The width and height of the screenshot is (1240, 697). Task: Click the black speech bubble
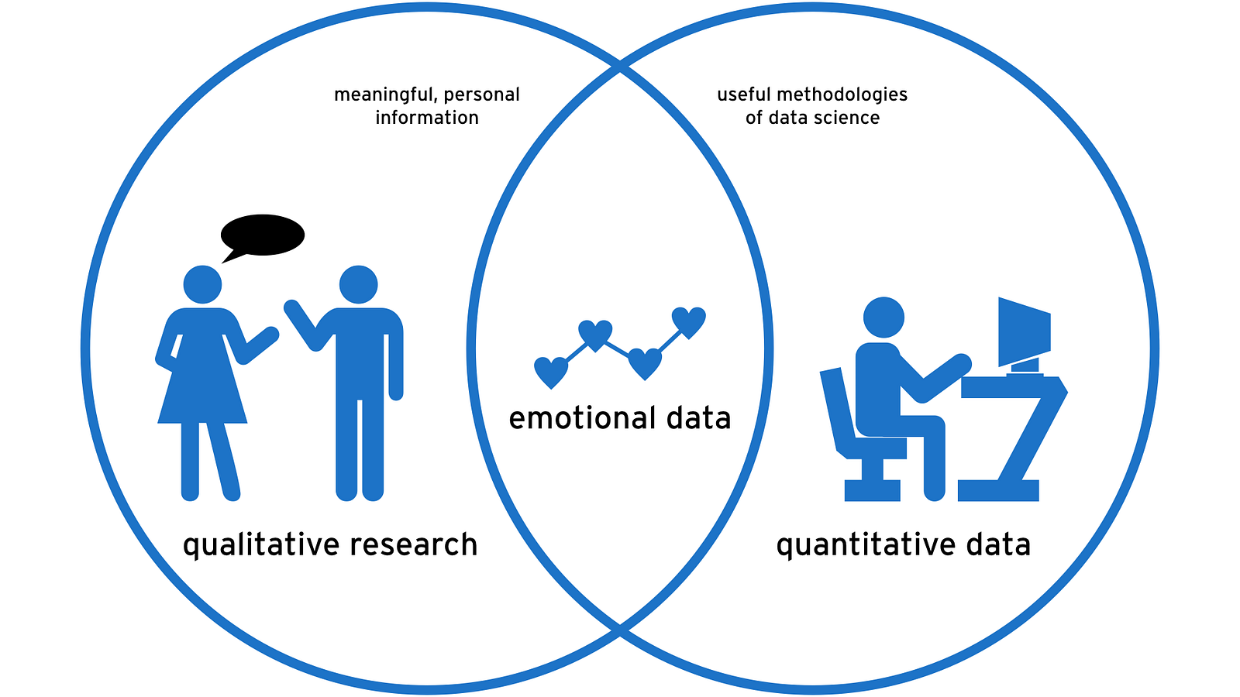pos(263,235)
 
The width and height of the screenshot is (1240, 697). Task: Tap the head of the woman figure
pos(202,285)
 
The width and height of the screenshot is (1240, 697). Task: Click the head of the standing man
pos(358,284)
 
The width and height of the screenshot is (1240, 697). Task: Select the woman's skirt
pos(202,387)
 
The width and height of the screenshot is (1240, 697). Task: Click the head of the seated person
pos(883,318)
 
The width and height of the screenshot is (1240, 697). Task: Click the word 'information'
pos(427,118)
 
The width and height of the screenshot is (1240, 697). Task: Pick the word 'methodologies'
pos(842,94)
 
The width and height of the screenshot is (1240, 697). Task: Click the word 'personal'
pos(482,94)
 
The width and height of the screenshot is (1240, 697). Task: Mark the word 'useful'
pos(743,94)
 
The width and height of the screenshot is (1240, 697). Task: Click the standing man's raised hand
pos(293,308)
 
